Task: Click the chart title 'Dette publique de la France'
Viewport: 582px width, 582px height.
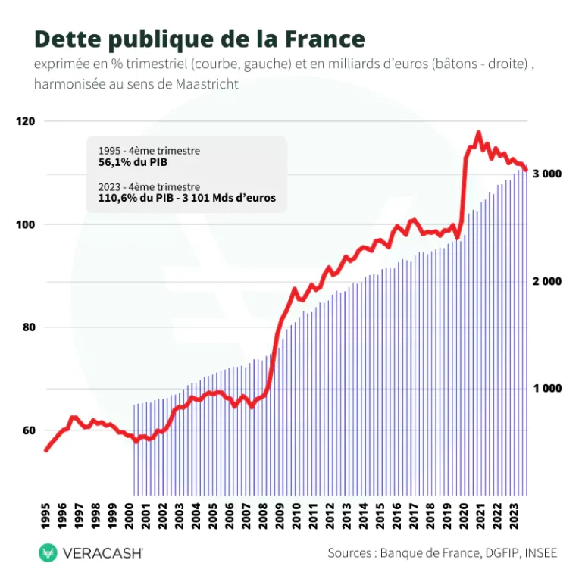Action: [199, 39]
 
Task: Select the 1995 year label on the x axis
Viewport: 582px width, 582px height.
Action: [46, 516]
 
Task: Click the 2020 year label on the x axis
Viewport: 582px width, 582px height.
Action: [465, 516]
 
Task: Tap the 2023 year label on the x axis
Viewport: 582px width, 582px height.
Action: [515, 516]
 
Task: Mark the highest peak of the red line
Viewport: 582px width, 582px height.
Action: [477, 133]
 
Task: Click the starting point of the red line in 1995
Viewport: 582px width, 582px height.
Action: [46, 450]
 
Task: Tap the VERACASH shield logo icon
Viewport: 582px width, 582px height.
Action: [48, 553]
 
